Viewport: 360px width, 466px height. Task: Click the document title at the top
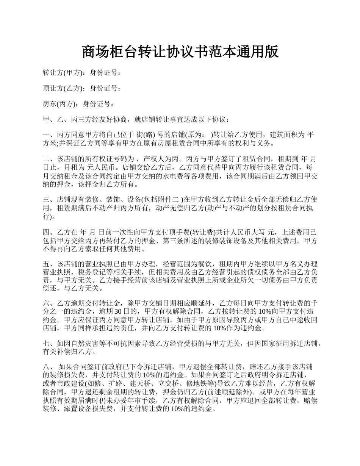tap(180, 52)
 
